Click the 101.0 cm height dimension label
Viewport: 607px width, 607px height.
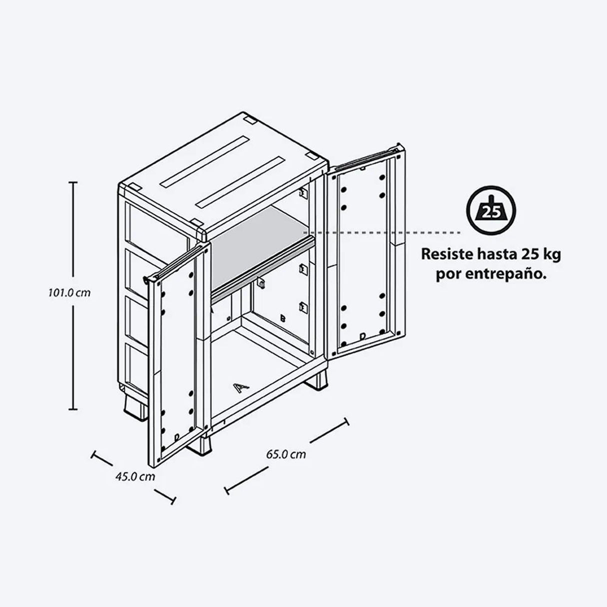pos(69,293)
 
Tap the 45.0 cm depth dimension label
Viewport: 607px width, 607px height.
pos(135,476)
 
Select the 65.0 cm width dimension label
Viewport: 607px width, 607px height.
pos(286,454)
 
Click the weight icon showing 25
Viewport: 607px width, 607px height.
pos(491,210)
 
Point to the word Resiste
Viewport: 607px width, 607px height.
pos(446,254)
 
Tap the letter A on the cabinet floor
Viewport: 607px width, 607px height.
pos(241,388)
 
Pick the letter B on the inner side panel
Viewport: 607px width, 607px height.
pos(282,318)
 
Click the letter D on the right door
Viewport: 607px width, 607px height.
pos(362,336)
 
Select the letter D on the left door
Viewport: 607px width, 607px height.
pos(176,437)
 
